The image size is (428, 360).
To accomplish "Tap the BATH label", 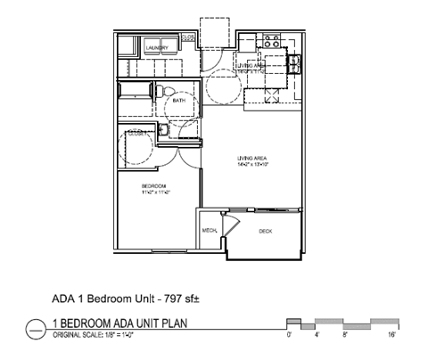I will point(179,101).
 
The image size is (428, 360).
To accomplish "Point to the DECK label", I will point(265,231).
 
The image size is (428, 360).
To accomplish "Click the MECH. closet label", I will point(210,231).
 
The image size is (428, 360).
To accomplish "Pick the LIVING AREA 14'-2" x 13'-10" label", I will point(253,158).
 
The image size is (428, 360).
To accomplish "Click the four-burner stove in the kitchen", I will point(271,41).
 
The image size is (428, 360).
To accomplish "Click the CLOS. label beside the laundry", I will point(188,38).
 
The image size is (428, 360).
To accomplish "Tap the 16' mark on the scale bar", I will point(392,336).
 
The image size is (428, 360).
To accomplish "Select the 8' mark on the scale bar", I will point(344,336).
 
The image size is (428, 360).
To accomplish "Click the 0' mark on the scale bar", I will point(288,336).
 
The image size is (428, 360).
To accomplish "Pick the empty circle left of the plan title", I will point(35,328).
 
